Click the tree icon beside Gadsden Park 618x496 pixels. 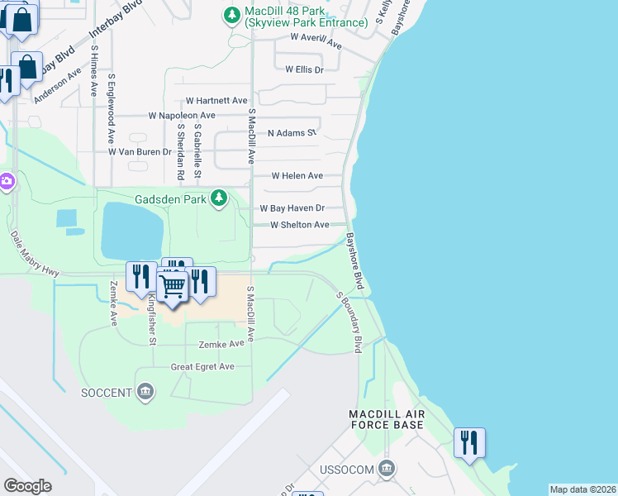pos(219,198)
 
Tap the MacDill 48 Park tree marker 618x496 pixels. pos(231,14)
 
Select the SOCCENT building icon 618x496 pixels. pos(146,391)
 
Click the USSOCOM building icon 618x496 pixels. pos(386,470)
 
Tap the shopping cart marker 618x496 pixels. pos(172,287)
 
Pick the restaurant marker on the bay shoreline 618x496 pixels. pos(469,442)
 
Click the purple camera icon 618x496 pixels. pos(6,180)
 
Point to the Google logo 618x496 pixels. pos(27,486)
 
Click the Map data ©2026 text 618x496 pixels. pos(582,489)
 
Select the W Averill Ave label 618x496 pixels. pos(316,38)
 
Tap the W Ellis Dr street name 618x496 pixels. pos(304,70)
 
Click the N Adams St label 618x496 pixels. pos(292,132)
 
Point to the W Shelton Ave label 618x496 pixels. pos(300,225)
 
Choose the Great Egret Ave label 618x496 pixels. pos(202,366)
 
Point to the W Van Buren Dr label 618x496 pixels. pos(140,152)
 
